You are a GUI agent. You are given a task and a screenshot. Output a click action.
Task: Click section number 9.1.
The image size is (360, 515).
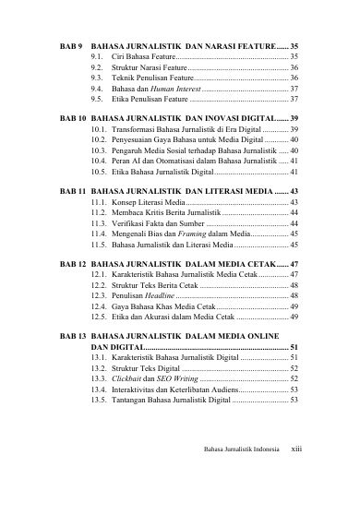point(97,57)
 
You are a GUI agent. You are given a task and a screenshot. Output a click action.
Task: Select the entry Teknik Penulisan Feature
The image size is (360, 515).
point(152,79)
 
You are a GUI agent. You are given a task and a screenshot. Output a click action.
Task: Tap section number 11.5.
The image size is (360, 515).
point(101,246)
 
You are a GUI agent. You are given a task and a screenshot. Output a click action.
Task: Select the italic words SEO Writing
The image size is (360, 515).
point(172,377)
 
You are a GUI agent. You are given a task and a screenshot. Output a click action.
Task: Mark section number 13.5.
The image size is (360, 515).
point(101,401)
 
